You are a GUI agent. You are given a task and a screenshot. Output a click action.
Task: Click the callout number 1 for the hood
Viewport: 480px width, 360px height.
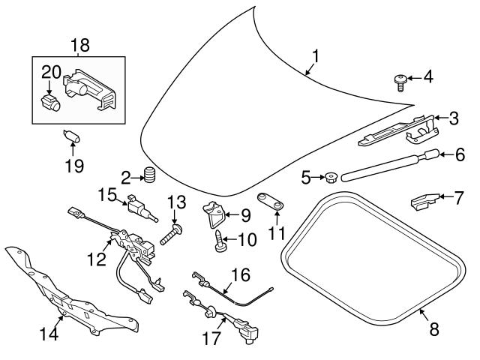[316, 55]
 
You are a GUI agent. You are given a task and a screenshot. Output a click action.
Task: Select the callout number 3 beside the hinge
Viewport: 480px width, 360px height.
[453, 118]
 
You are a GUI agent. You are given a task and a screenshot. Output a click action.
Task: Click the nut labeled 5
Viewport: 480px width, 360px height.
[329, 178]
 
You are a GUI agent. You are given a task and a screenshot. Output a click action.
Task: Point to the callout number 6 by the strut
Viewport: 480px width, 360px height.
[460, 155]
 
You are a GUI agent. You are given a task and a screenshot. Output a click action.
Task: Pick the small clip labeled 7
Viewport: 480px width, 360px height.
[424, 202]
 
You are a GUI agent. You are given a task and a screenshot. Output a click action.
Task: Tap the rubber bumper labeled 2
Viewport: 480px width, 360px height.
[148, 177]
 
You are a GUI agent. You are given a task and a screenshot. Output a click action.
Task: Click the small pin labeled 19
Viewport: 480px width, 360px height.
[73, 136]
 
